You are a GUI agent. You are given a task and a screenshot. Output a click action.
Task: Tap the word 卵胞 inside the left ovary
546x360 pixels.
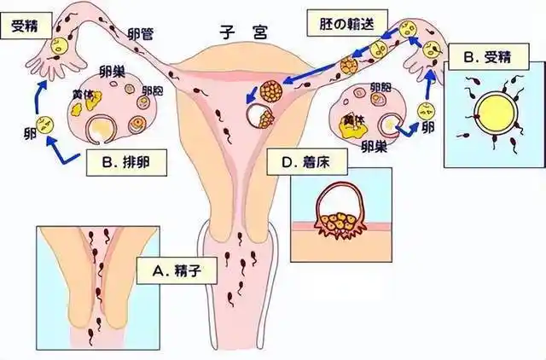click(153, 90)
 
